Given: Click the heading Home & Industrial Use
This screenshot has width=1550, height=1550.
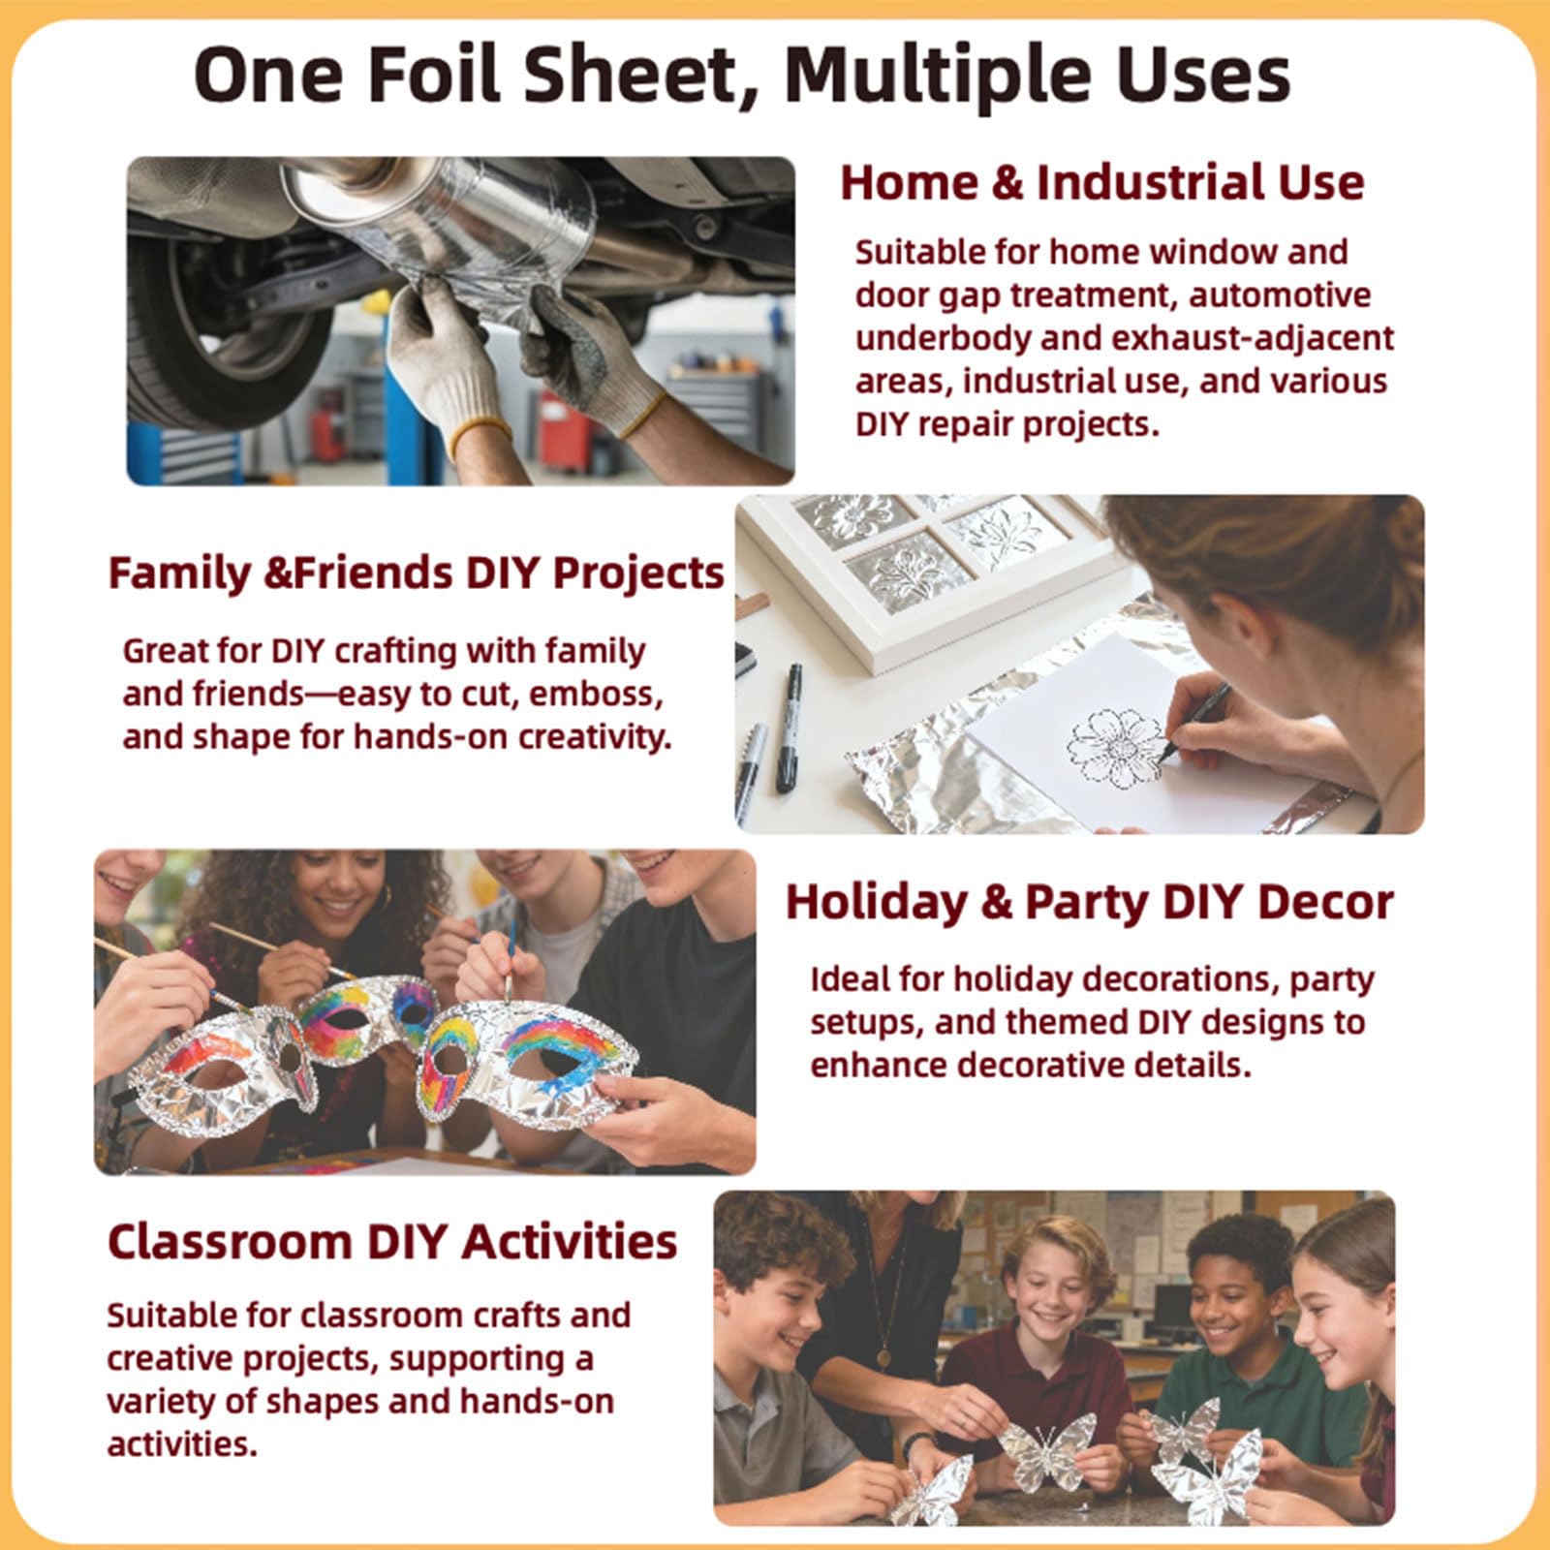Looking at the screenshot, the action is point(1102,182).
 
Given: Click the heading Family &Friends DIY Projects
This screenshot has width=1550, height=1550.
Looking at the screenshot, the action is point(417,573).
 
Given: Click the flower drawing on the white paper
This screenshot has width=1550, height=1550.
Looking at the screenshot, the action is point(1117,746).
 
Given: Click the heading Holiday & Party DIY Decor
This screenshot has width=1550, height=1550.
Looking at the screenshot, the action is point(1089,902).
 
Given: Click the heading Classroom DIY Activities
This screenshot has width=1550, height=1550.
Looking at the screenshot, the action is point(392,1242).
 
